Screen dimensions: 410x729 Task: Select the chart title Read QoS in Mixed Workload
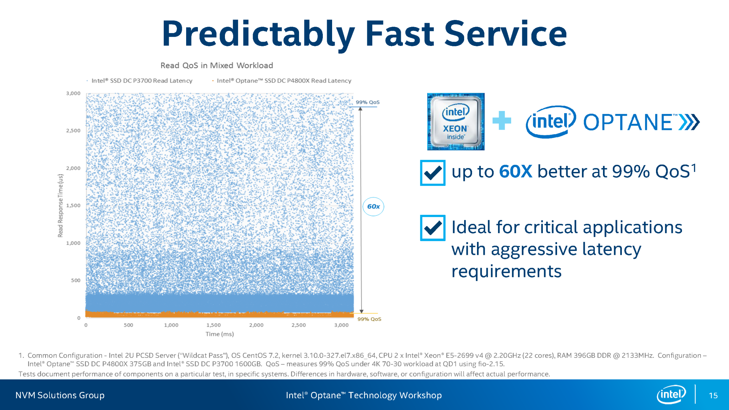coord(216,65)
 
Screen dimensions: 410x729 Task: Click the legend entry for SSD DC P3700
coord(141,81)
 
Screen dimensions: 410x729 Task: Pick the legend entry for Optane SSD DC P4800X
coord(284,81)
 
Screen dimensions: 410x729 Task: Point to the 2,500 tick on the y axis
coord(73,131)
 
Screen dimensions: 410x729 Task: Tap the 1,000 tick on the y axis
coord(73,243)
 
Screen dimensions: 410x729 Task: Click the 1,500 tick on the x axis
coord(214,325)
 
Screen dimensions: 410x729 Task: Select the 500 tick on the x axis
coord(129,325)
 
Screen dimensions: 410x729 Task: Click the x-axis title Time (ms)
coord(220,334)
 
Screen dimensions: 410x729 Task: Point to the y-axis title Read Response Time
coord(61,205)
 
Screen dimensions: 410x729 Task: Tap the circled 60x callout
coord(373,206)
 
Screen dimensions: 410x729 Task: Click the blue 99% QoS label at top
coord(368,102)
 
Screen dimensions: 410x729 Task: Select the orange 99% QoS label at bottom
coord(369,319)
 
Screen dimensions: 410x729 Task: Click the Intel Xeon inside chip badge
coord(456,122)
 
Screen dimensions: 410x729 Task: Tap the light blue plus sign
coord(502,121)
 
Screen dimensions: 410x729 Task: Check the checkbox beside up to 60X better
coord(432,173)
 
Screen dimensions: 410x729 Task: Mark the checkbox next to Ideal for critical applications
coord(432,228)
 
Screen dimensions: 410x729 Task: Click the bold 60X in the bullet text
coord(515,172)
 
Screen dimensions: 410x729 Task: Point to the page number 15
coord(713,395)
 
